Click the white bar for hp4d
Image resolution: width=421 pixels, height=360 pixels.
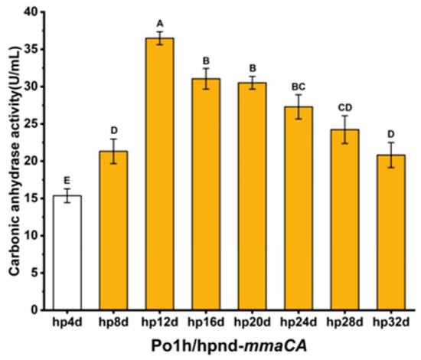point(67,253)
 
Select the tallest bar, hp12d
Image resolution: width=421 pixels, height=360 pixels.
point(160,174)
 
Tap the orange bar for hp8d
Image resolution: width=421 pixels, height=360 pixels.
point(113,231)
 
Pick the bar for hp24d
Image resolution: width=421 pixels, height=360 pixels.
point(299,208)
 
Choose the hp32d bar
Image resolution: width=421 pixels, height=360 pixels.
point(391,232)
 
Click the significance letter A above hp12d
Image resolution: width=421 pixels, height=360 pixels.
point(160,24)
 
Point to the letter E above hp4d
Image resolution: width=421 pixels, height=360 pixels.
point(67,180)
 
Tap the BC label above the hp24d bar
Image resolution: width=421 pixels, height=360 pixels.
point(299,87)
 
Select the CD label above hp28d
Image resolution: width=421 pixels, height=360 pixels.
point(344,108)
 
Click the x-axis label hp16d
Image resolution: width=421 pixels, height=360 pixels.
point(206,322)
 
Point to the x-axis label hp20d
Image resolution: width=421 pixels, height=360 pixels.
point(252,322)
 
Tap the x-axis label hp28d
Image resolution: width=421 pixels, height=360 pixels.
point(344,322)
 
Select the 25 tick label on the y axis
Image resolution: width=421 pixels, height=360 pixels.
point(31,124)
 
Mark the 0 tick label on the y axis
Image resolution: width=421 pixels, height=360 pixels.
point(34,310)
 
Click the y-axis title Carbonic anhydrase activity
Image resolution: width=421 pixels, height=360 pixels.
point(15,161)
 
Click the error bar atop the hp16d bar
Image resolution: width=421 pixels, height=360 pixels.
point(206,79)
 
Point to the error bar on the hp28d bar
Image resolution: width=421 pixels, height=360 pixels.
point(344,129)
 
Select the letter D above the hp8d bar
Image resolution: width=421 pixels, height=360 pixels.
point(114,130)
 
